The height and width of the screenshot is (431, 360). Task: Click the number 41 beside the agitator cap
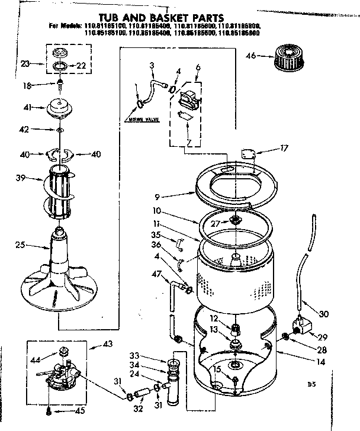pyautogui.click(x=27, y=108)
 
